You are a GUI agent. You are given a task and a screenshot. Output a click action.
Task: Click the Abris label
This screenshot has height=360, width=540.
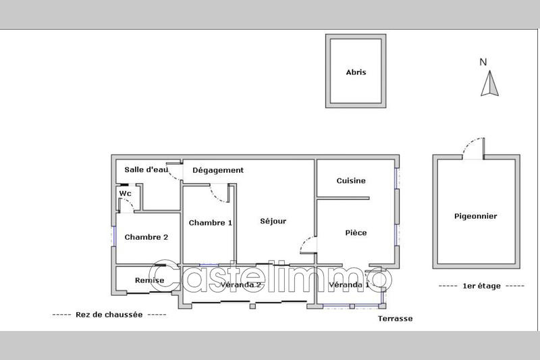pos(356,72)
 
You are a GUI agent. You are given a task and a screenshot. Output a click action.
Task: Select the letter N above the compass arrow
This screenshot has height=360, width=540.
pos(483,62)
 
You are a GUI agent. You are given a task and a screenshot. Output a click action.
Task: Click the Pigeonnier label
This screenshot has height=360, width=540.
pos(476,216)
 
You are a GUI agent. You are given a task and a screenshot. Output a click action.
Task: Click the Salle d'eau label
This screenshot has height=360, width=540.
pos(146,170)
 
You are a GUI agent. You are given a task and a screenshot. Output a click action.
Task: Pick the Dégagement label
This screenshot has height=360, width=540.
pos(217,170)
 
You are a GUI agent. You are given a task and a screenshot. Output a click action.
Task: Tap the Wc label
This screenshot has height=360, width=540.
pos(125,194)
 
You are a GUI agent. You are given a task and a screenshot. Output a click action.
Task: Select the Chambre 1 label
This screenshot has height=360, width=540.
pos(211,223)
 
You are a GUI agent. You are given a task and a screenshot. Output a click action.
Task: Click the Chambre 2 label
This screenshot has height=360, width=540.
pos(146,237)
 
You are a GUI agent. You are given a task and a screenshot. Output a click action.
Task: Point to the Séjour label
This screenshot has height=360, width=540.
pos(274,222)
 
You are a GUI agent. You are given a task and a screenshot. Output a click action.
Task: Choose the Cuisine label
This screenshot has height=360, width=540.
pos(352,180)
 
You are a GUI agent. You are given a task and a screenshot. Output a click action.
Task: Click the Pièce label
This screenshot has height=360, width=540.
pos(356,233)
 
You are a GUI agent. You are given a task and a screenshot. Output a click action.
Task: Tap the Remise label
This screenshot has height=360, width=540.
pos(149,280)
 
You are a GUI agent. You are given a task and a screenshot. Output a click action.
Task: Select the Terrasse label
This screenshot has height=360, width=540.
pos(396,319)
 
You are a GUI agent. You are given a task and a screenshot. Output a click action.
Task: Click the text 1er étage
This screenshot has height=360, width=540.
pos(481,286)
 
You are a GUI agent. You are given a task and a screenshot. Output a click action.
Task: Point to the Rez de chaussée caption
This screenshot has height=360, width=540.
pos(109,315)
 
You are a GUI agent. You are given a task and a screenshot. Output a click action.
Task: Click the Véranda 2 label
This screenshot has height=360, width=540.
pos(241,285)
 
